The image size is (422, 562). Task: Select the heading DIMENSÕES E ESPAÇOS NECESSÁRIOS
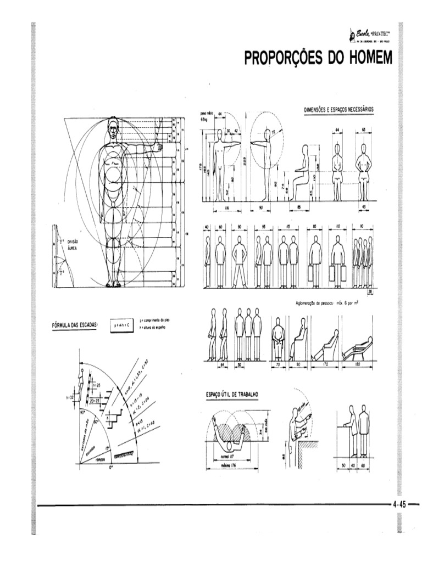(339, 109)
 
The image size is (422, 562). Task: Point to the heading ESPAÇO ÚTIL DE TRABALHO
(233, 395)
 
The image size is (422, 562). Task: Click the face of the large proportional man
(113, 130)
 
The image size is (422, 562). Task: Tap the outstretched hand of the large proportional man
(159, 146)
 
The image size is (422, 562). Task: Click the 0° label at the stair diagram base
(111, 468)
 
